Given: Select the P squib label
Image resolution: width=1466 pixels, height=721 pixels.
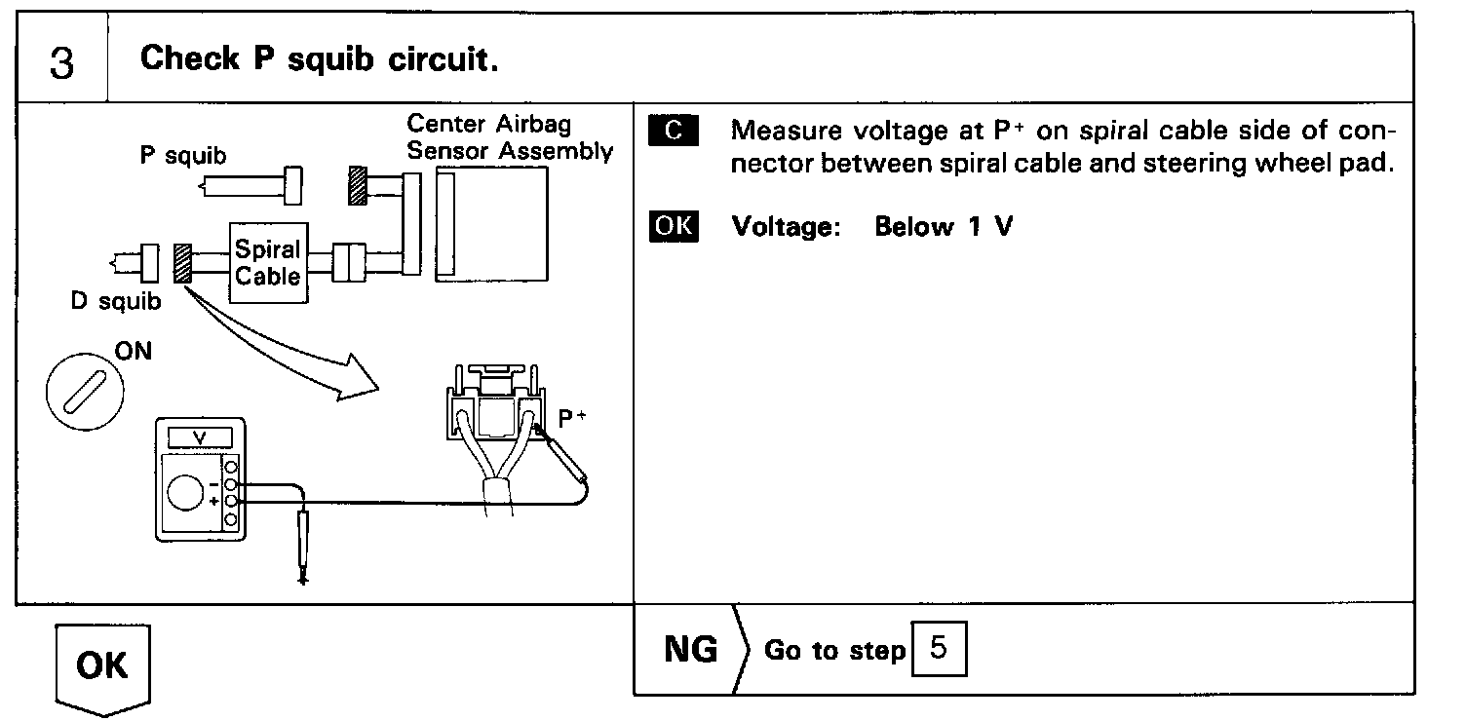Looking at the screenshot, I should [x=183, y=156].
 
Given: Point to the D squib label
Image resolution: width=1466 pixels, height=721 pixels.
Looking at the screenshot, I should [x=116, y=301].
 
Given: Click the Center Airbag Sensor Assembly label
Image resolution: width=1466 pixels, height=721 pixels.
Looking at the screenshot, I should [x=509, y=137].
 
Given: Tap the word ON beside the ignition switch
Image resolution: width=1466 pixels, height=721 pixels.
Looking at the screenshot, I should [x=134, y=351].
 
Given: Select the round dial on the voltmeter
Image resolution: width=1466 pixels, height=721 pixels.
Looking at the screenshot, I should [x=185, y=494].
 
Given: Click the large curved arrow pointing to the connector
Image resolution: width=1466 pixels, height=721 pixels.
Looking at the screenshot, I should [x=292, y=351].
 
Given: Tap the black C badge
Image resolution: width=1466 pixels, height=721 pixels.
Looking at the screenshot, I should [x=673, y=131].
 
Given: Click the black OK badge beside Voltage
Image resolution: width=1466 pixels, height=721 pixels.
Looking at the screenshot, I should [x=673, y=227].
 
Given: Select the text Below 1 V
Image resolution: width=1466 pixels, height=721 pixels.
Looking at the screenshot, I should [x=944, y=227].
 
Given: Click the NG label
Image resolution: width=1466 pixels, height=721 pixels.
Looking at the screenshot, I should [x=690, y=649].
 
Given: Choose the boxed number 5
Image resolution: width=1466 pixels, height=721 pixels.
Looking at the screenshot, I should [x=939, y=649].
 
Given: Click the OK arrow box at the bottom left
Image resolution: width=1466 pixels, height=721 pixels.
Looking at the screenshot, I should [x=101, y=666].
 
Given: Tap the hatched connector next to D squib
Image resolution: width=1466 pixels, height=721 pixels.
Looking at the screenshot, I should [x=180, y=263].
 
